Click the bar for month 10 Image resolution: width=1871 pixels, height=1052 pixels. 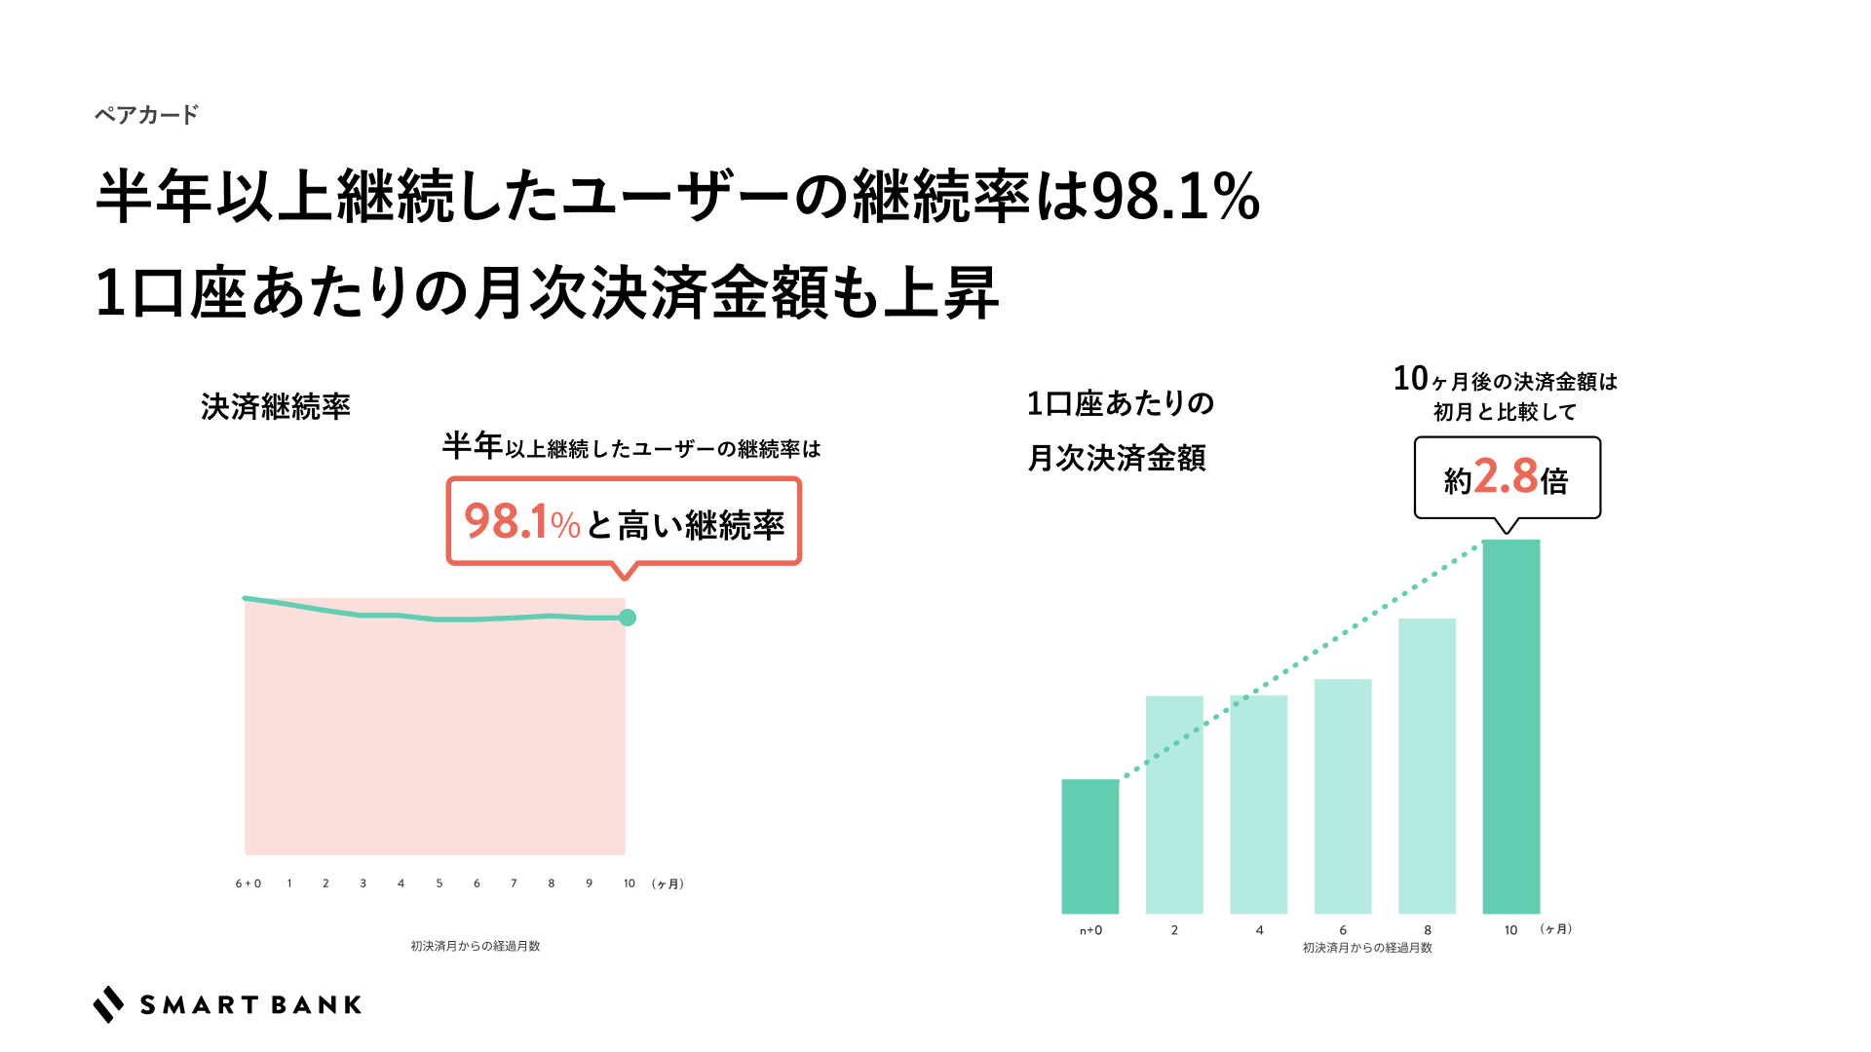[x=1510, y=726]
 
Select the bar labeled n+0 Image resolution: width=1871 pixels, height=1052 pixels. [x=1089, y=845]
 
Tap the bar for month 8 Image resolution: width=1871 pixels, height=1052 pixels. [x=1427, y=765]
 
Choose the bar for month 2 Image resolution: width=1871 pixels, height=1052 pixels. [x=1174, y=804]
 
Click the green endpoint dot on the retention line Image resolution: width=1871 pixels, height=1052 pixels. [x=628, y=618]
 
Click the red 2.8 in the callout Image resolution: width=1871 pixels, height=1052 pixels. [x=1506, y=476]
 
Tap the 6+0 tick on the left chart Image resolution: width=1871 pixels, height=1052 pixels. [x=248, y=883]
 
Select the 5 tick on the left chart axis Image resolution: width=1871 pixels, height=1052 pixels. [x=439, y=883]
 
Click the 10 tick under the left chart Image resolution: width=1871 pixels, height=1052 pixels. [x=630, y=883]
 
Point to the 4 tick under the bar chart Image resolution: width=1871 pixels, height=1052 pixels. [x=1259, y=930]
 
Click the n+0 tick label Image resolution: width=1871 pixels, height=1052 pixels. [x=1090, y=930]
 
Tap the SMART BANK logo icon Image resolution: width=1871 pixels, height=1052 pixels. [x=108, y=1004]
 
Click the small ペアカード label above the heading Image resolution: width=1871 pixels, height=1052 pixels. [x=146, y=115]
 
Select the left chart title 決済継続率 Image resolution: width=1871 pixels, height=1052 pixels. [x=276, y=407]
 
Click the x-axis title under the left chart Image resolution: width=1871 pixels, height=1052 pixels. [x=475, y=946]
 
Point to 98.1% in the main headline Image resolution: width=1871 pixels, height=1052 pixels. [x=1175, y=197]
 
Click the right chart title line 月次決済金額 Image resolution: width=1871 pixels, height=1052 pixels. [x=1117, y=458]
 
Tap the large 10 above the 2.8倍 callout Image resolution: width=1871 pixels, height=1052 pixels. [x=1410, y=378]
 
